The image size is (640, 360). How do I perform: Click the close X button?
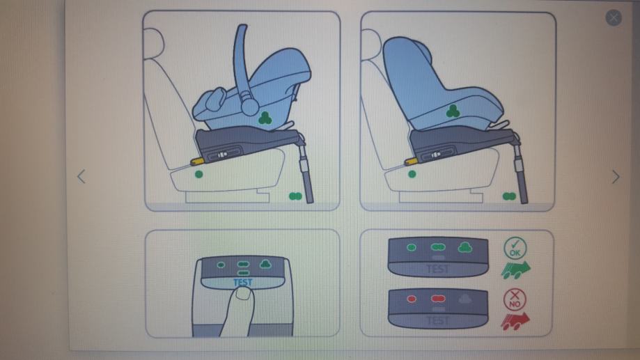click(x=613, y=17)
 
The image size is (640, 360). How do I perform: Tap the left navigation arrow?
click(x=81, y=177)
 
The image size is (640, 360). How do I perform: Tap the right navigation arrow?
click(x=616, y=177)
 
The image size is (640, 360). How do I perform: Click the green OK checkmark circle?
click(x=515, y=248)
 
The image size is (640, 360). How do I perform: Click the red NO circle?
click(x=515, y=299)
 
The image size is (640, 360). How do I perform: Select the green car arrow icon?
click(x=515, y=269)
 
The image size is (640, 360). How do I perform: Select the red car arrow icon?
click(x=515, y=321)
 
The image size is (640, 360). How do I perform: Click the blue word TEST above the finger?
click(x=242, y=282)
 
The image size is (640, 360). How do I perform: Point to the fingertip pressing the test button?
click(x=243, y=293)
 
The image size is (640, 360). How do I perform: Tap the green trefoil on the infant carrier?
click(x=265, y=118)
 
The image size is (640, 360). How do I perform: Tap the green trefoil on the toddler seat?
click(x=453, y=111)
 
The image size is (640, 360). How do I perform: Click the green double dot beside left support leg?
click(x=295, y=196)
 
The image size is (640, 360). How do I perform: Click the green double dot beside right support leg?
click(x=509, y=196)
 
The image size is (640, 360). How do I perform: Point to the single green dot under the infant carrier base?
click(x=198, y=174)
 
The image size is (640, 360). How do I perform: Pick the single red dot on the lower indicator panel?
click(x=412, y=299)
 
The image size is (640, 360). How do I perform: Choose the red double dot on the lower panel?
click(x=437, y=299)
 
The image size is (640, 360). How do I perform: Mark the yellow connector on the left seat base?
click(x=197, y=161)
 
